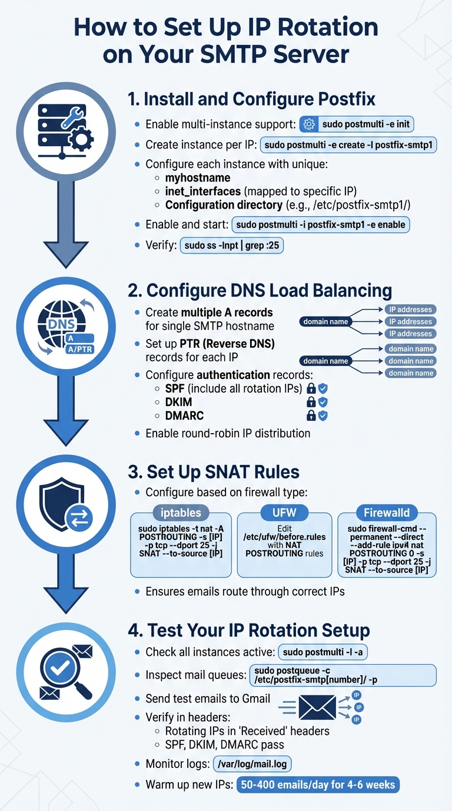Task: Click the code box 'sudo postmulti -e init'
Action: click(x=360, y=124)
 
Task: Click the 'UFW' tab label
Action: click(x=284, y=512)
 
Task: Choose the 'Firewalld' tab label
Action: click(x=387, y=512)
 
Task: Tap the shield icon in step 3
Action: click(x=62, y=507)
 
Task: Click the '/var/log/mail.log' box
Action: click(x=251, y=764)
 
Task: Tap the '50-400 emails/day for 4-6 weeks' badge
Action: click(x=317, y=785)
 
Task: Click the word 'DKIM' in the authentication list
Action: click(x=179, y=402)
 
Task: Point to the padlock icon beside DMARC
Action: click(x=311, y=416)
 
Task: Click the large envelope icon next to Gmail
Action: click(x=317, y=707)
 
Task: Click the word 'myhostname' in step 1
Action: click(x=198, y=177)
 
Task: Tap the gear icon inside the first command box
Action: click(x=308, y=124)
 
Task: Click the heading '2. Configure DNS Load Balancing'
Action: click(x=260, y=290)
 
